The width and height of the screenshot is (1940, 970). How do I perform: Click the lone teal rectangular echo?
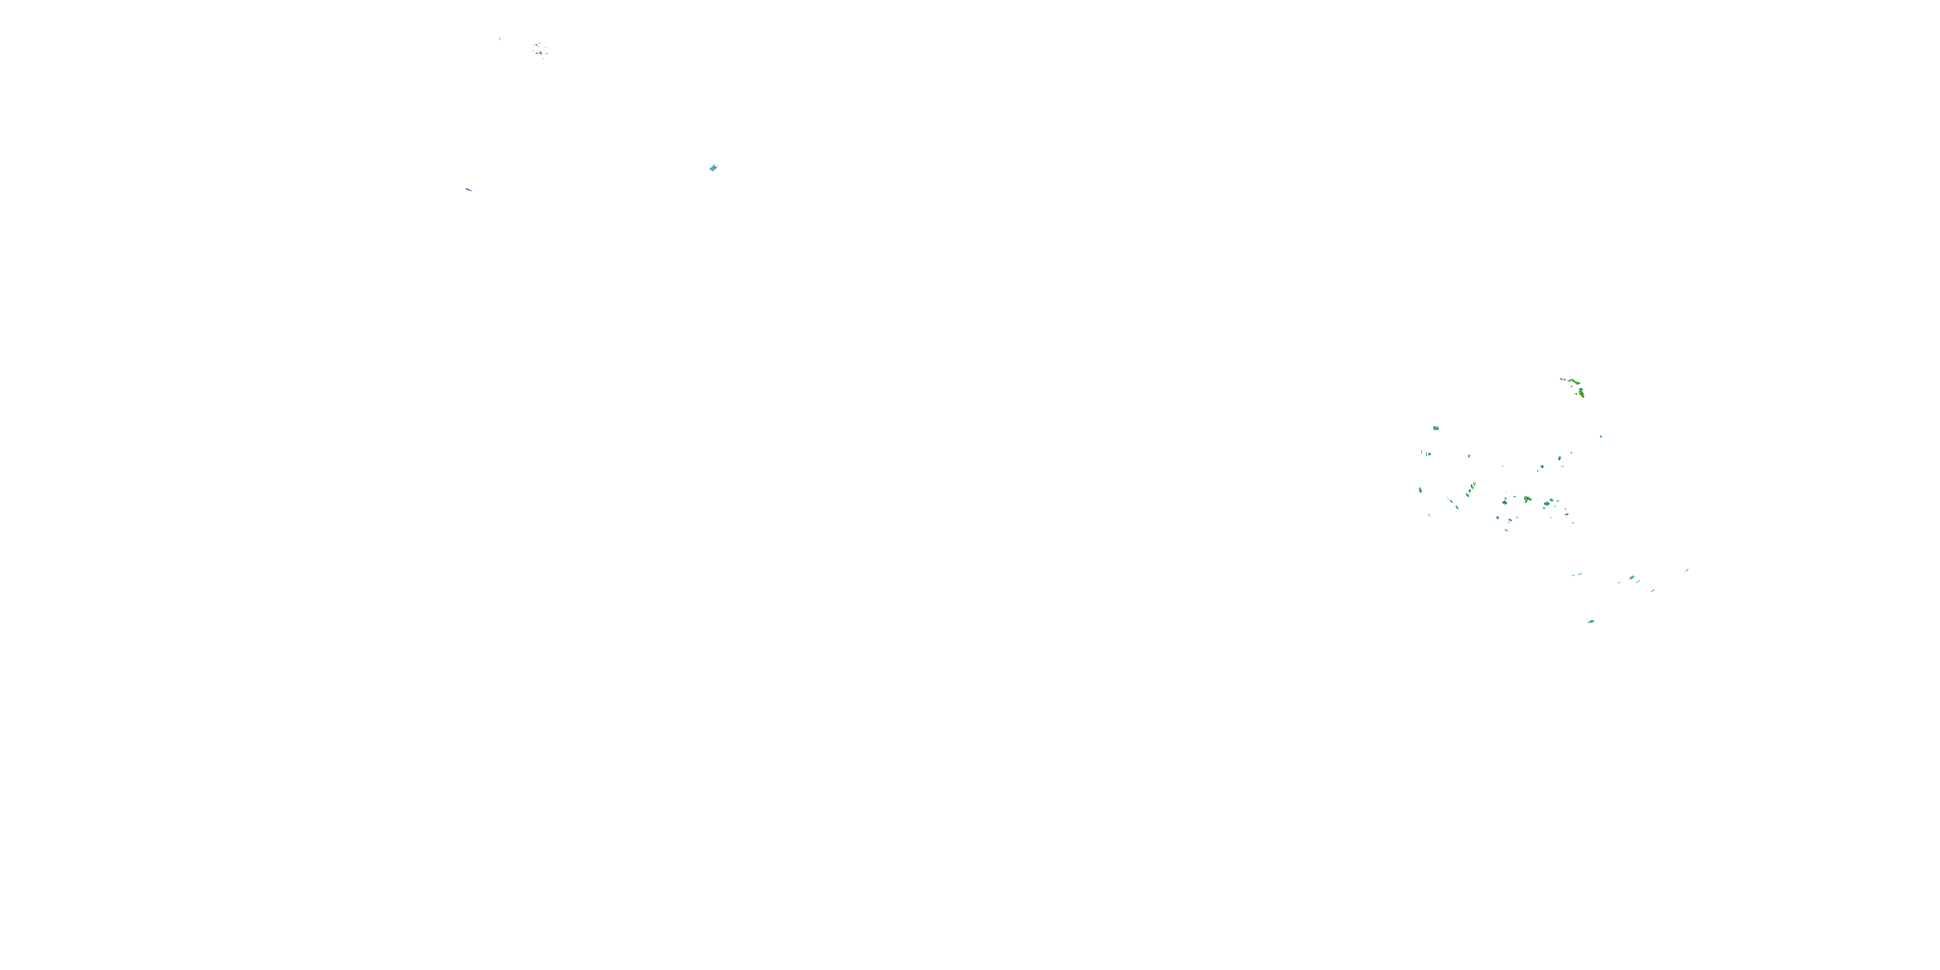point(713,167)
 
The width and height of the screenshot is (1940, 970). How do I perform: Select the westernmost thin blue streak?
point(468,189)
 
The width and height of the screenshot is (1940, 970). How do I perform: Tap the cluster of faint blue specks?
point(539,50)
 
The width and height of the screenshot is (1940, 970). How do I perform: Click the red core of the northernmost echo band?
point(1573,380)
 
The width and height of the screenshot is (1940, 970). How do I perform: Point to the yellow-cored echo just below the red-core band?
point(1580,392)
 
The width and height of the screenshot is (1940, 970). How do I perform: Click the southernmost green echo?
point(1591,621)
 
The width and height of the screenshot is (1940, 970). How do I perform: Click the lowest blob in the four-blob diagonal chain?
point(1456,507)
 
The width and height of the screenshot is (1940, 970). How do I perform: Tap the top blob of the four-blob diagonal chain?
point(1474,484)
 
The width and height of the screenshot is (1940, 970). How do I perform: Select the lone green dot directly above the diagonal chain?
point(1469,456)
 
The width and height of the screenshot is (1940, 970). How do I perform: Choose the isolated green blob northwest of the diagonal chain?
point(1436,427)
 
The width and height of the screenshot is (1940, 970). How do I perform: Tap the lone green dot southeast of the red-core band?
point(1600,436)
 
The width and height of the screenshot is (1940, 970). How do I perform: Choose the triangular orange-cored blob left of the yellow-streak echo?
point(1505,501)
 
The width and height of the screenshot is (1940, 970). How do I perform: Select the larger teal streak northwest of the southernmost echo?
point(1575,575)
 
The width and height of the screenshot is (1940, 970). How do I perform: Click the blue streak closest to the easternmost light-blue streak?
point(1653,590)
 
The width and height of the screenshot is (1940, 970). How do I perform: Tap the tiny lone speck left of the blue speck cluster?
point(499,38)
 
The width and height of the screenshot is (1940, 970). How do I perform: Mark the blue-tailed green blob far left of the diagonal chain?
point(1420,490)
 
